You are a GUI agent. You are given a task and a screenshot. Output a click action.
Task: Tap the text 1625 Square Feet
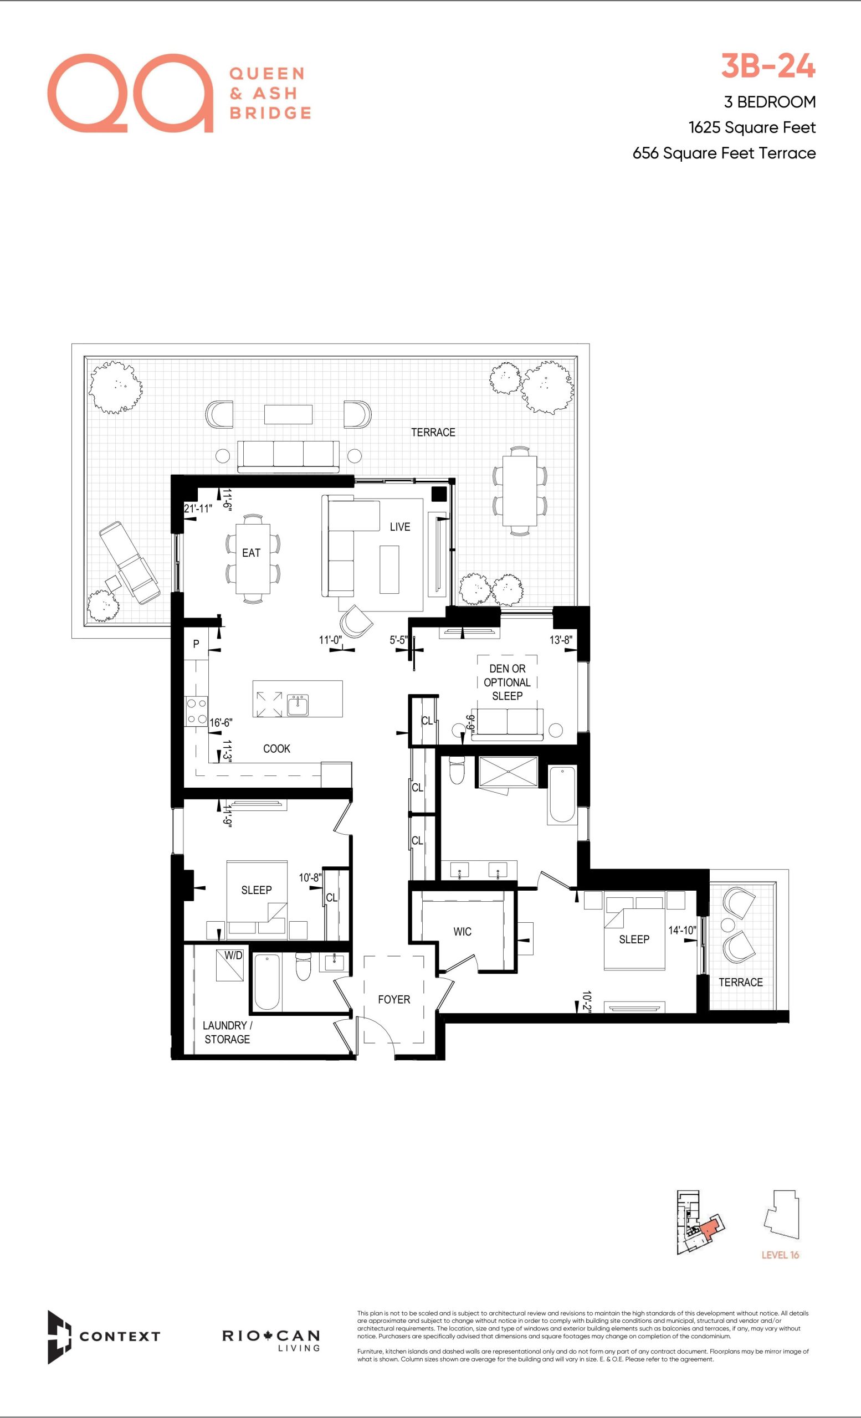752,128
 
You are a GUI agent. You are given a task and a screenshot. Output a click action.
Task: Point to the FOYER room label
394,1000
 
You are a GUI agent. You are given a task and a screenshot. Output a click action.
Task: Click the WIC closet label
462,932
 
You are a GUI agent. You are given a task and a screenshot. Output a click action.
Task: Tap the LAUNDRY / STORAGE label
227,1032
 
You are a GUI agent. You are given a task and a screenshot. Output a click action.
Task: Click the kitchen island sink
298,705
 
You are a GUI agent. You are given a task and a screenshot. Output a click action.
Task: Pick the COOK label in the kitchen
277,749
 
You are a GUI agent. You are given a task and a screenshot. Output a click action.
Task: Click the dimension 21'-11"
198,508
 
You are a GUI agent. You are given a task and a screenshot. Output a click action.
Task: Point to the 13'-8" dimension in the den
561,640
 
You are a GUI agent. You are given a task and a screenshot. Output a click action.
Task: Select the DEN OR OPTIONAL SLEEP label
507,682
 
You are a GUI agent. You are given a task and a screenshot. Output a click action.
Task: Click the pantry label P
196,644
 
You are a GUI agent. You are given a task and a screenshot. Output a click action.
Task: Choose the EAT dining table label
251,552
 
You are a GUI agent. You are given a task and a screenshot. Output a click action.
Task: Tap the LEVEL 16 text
781,1255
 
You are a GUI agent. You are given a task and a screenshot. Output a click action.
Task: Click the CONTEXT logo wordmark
120,1336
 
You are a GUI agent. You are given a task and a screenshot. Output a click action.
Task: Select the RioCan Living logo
271,1340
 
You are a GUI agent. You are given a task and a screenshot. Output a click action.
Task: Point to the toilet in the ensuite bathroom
457,771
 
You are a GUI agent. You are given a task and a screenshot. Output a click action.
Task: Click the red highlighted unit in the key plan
712,1228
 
